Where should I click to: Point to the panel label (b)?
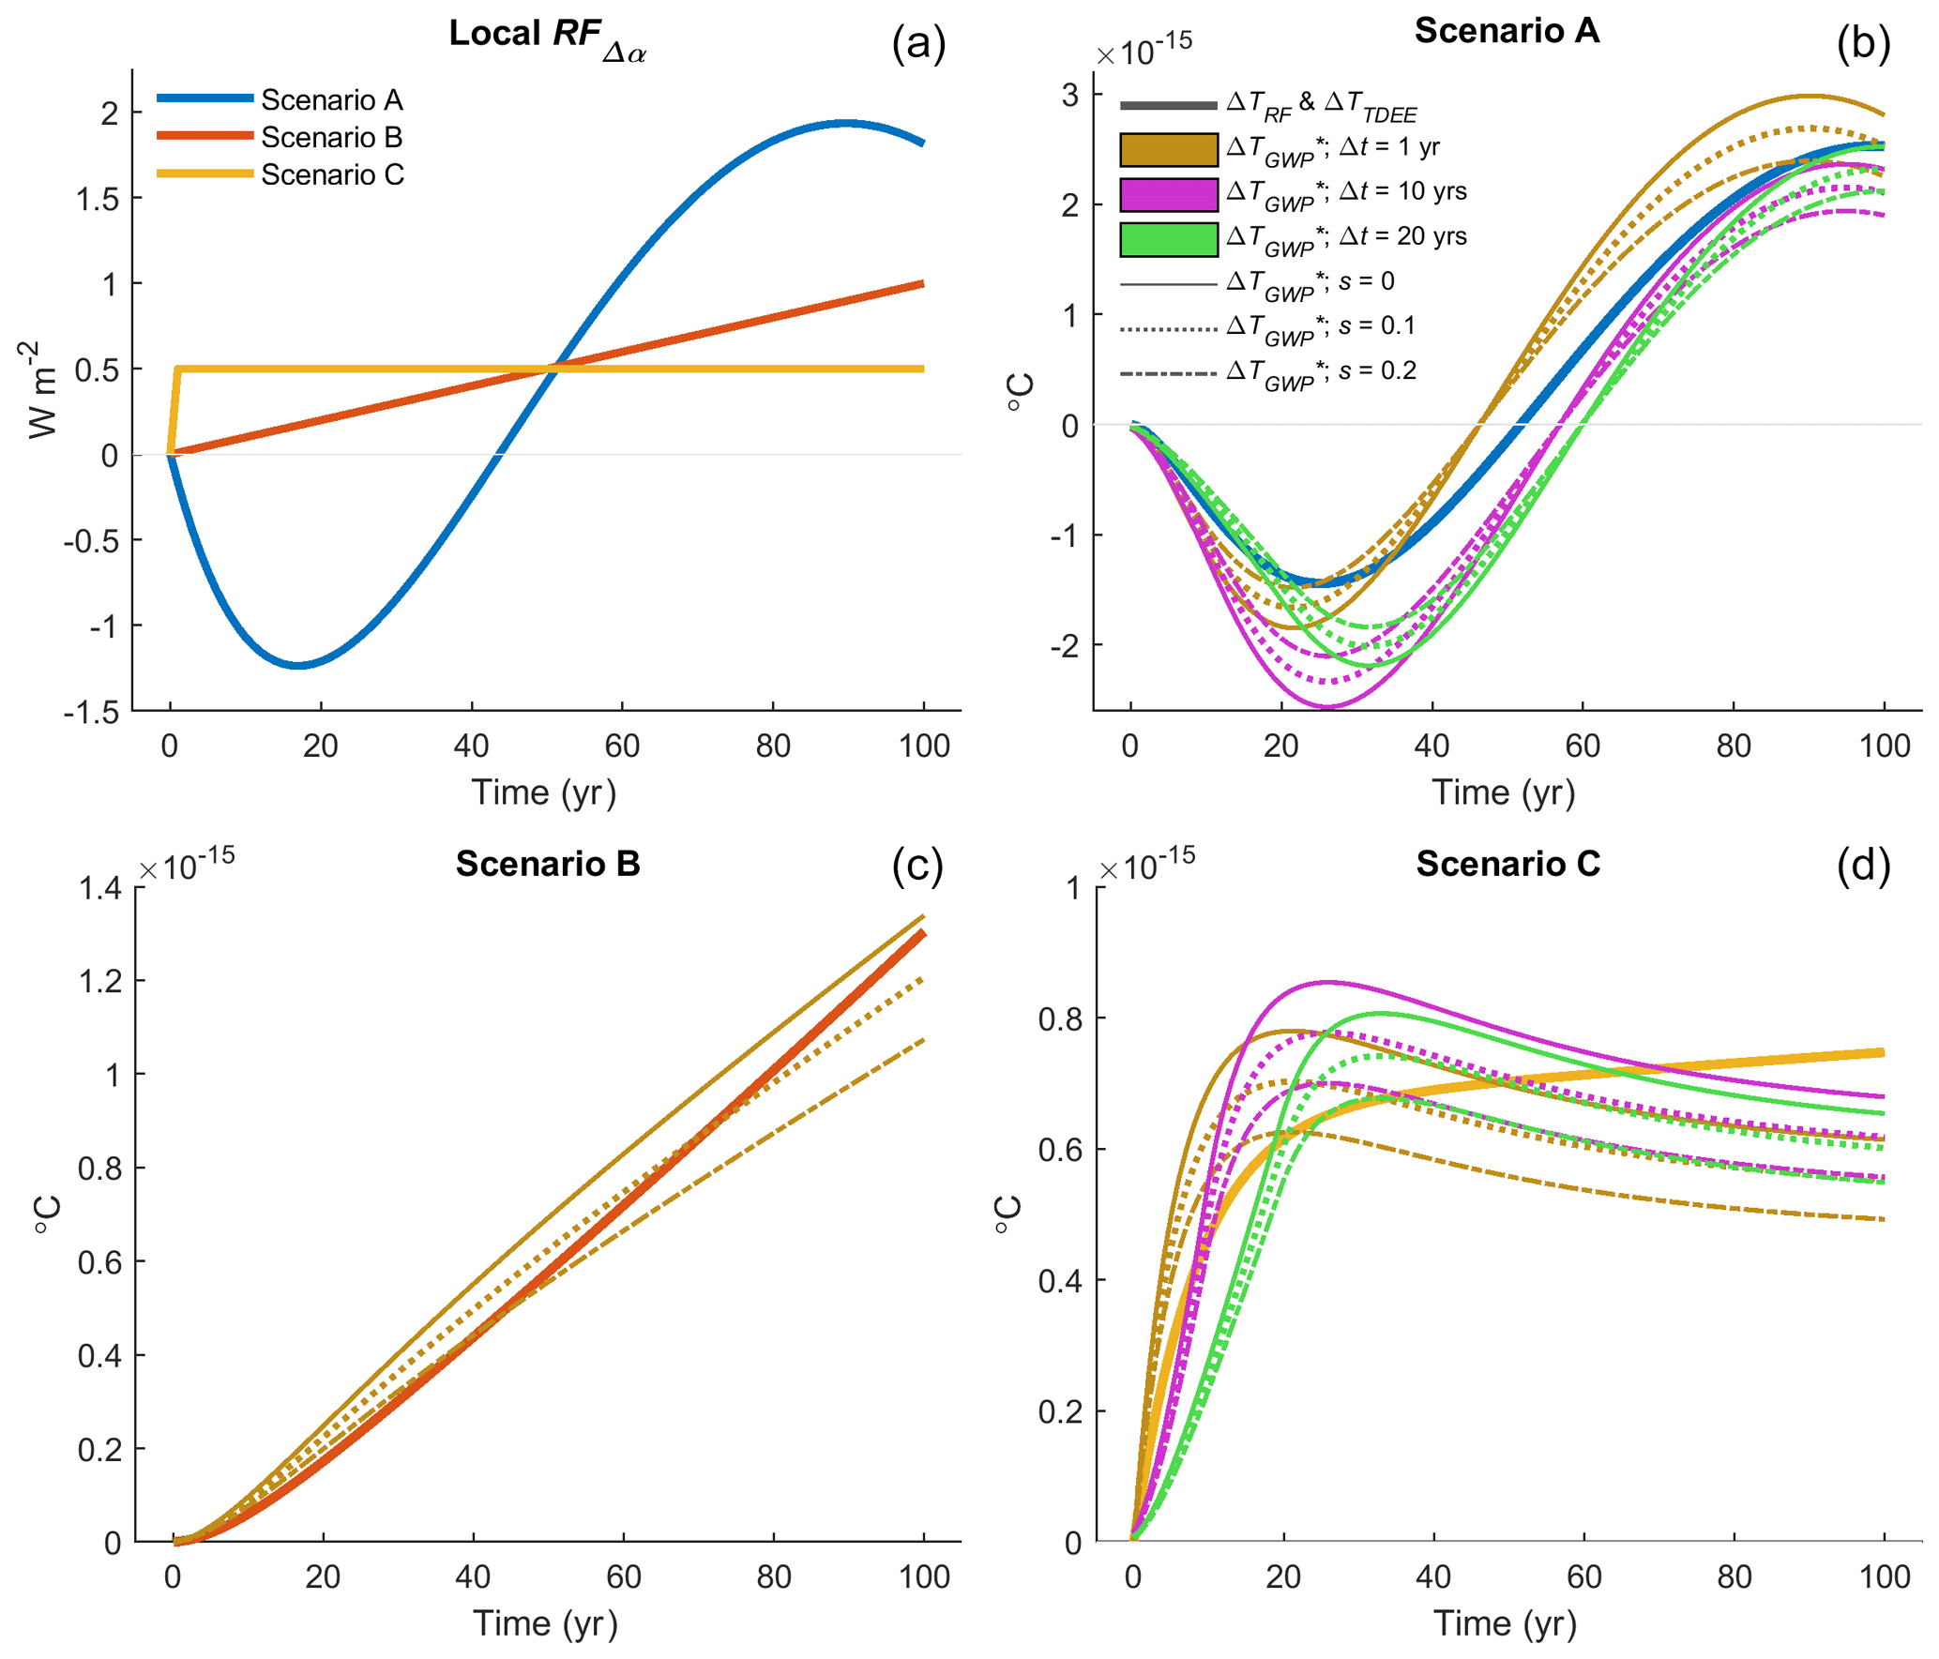pos(1863,43)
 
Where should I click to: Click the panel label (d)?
pos(1863,865)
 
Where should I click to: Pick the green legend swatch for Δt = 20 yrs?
pos(1168,239)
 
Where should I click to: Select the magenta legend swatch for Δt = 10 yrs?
pos(1168,194)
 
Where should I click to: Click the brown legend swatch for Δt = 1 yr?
pos(1168,149)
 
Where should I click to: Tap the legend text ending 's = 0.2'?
pos(1322,372)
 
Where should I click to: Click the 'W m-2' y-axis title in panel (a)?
pos(43,389)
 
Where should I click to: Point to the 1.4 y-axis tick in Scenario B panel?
pos(99,887)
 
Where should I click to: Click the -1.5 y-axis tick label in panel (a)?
pos(91,712)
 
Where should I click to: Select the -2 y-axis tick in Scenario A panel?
pos(1062,645)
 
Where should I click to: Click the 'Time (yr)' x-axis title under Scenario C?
pos(1505,1622)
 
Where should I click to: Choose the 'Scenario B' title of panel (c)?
pos(548,863)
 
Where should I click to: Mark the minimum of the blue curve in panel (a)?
pos(298,665)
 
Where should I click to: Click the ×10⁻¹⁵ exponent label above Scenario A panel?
pos(1144,50)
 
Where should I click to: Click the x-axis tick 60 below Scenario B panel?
pos(623,1576)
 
